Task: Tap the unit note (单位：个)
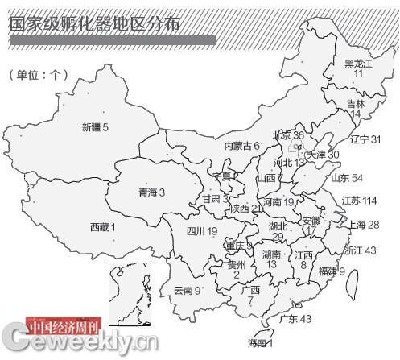tap(38, 75)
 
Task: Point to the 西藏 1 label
tap(102, 227)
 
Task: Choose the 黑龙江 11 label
tap(359, 68)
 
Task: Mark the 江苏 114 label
tap(359, 201)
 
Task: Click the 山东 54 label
tap(347, 178)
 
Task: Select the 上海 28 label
tap(361, 225)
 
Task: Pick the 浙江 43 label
tap(360, 250)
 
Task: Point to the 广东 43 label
tap(295, 319)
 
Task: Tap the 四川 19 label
tap(202, 231)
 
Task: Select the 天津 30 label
tap(324, 154)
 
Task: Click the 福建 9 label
tap(332, 271)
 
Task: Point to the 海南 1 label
tap(260, 344)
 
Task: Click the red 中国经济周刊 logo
tap(64, 327)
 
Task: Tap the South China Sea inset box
tap(124, 291)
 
